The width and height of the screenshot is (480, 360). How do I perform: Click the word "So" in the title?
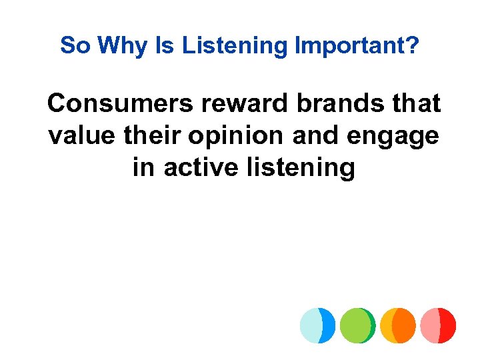[75, 45]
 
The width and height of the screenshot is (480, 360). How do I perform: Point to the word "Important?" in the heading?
[357, 47]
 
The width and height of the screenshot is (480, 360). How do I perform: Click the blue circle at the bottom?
[317, 325]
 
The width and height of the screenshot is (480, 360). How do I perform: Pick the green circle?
[357, 325]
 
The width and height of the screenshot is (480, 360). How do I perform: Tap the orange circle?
[398, 325]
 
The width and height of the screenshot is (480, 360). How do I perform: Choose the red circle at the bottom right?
[439, 325]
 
